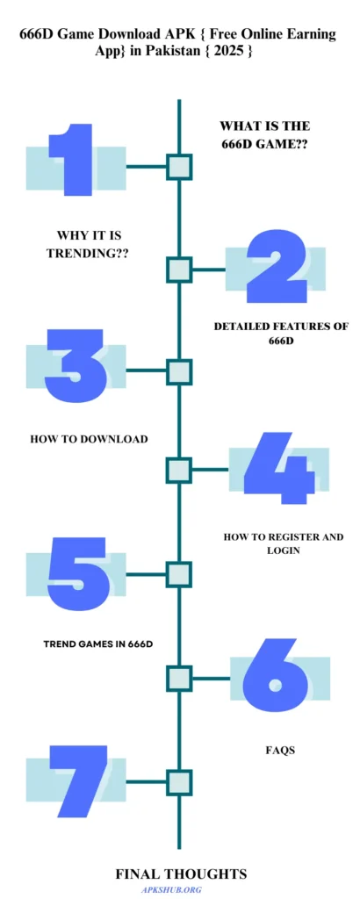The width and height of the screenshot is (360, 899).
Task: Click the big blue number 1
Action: coord(73,160)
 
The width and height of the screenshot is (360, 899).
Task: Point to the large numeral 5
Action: coord(77,573)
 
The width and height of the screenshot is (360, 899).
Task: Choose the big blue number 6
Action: coord(274,672)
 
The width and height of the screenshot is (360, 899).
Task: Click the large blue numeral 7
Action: coord(77,780)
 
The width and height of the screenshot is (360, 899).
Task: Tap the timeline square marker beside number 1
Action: coord(179,167)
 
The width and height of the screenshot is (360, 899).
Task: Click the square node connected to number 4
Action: coord(179,470)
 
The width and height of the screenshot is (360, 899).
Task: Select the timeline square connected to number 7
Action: coord(179,782)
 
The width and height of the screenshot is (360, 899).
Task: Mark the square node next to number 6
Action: coord(179,679)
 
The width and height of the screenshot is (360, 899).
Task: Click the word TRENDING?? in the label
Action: coord(88,252)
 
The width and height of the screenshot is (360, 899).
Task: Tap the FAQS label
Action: coord(280,750)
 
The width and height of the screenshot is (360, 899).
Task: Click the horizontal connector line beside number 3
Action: coord(146,370)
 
